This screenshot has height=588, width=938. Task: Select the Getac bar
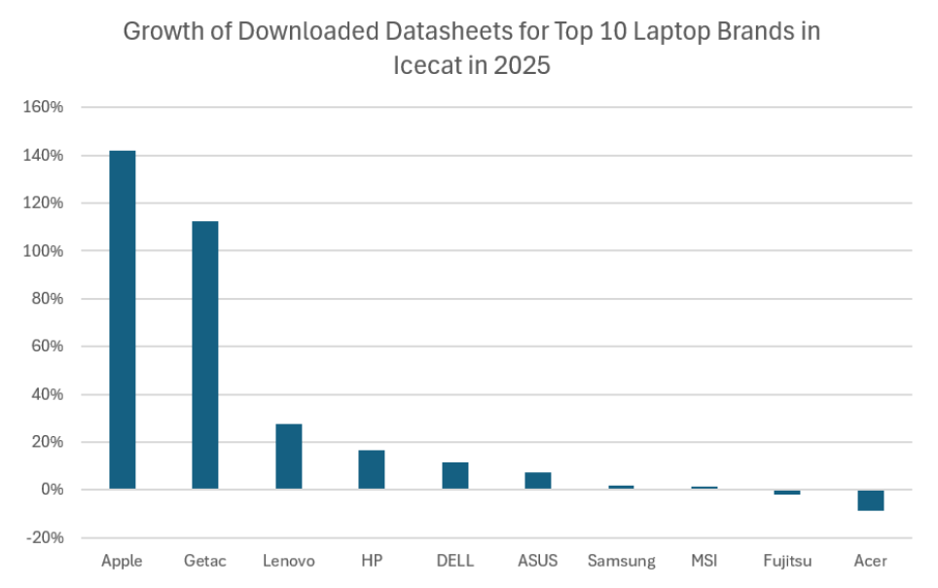(x=205, y=354)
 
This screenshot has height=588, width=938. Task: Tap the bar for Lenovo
(x=289, y=456)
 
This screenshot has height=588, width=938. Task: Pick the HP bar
(x=372, y=469)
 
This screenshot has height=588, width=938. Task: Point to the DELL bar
(x=455, y=475)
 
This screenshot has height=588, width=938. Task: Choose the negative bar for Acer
(x=871, y=499)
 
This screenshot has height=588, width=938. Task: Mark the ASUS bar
(x=538, y=480)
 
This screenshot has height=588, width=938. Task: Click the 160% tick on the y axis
(x=44, y=107)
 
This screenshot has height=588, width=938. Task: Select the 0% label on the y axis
(x=51, y=490)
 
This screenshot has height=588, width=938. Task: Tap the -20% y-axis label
(x=44, y=537)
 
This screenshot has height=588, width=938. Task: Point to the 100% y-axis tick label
(x=44, y=251)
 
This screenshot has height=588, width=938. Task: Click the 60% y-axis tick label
(x=47, y=347)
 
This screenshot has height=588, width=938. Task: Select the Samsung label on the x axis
(x=622, y=562)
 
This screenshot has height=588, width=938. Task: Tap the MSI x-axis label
(x=704, y=562)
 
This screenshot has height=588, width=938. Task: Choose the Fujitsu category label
(x=787, y=562)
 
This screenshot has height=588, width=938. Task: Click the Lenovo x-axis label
(x=289, y=562)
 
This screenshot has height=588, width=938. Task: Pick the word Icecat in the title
(x=425, y=66)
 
